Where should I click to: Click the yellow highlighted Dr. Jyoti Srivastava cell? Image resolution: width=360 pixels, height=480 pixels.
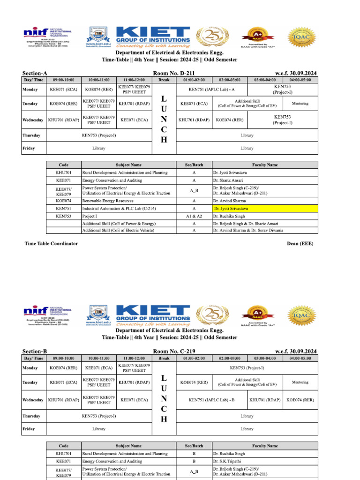tap(265, 208)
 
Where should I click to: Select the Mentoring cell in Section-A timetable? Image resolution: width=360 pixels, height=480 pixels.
tap(300, 103)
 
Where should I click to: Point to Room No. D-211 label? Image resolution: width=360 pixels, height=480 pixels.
tap(174, 74)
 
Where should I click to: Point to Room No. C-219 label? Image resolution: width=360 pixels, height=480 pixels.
tap(174, 352)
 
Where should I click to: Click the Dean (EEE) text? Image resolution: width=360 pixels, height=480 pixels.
tap(300, 244)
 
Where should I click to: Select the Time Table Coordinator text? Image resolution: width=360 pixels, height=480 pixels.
tap(51, 244)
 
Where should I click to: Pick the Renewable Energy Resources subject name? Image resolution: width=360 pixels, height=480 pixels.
tap(108, 201)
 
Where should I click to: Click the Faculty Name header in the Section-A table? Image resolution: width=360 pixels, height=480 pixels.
tap(265, 165)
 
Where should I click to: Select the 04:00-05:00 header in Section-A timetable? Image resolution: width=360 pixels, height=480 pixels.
tap(300, 80)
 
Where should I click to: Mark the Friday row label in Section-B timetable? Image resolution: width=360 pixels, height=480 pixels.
tap(29, 429)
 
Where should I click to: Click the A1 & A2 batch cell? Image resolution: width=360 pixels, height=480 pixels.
tap(194, 217)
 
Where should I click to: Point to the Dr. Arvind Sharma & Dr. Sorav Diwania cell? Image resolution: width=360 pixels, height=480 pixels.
tap(248, 230)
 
